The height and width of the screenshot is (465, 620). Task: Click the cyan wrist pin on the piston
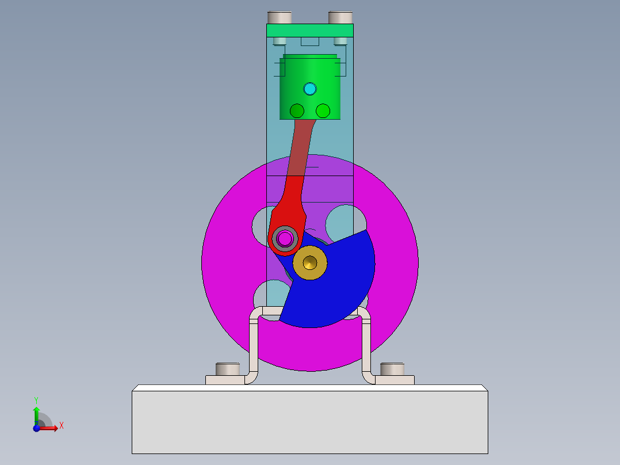310,89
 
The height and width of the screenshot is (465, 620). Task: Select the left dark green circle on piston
297,110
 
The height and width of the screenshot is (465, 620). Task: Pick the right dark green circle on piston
323,110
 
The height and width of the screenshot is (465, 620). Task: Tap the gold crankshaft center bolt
310,263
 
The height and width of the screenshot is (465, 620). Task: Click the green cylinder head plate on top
309,31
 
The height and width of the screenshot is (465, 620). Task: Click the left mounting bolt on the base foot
227,368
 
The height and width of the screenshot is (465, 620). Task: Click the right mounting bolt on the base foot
392,368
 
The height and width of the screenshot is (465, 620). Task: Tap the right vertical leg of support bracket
366,345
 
